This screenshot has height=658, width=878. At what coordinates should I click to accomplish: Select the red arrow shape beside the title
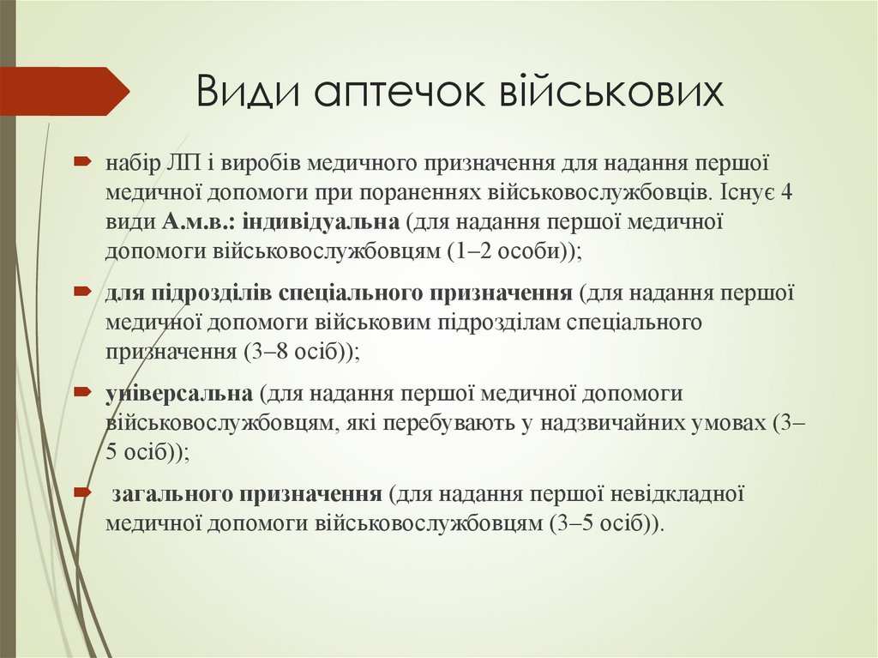click(x=64, y=91)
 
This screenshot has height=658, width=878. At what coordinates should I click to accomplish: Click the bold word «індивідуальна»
click(x=322, y=222)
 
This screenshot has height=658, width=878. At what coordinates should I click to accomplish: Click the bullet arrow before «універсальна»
click(x=82, y=392)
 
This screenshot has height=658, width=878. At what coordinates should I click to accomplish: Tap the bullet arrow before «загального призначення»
click(x=82, y=493)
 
